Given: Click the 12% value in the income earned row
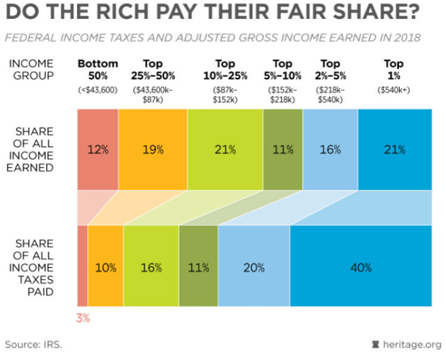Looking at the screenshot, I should click(x=97, y=150).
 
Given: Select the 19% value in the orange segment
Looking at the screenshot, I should click(x=153, y=150).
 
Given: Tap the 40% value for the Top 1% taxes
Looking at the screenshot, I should click(x=360, y=267).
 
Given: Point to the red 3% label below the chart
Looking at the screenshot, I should click(x=82, y=319).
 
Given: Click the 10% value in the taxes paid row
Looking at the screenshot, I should click(x=106, y=267).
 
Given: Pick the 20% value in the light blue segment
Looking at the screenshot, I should click(x=254, y=267).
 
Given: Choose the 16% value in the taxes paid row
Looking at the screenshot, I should click(x=151, y=267).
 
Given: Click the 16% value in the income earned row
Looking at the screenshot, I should click(x=330, y=150).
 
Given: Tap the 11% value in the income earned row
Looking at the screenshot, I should click(x=283, y=150).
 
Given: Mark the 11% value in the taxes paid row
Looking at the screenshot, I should click(x=199, y=267).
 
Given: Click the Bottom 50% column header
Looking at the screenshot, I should click(x=98, y=69).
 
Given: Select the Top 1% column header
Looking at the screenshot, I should click(x=394, y=69).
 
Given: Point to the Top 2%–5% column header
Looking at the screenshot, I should click(x=330, y=69).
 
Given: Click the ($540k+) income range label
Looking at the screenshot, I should click(x=394, y=90).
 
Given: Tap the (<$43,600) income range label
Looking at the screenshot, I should click(x=98, y=90).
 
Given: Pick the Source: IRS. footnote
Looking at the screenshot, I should click(x=33, y=344).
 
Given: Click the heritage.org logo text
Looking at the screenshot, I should click(x=410, y=344).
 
